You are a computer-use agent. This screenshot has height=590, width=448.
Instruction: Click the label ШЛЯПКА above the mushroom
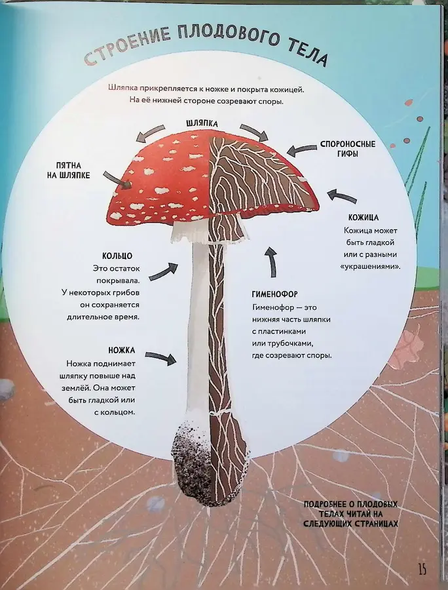202,123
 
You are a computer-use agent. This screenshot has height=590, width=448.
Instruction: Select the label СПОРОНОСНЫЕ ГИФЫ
348,148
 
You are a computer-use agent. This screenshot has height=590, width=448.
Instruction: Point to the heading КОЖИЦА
365,216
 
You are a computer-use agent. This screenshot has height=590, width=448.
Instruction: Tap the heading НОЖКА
121,350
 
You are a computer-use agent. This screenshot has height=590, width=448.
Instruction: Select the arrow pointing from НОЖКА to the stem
161,358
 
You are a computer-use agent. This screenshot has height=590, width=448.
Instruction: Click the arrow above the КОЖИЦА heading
342,197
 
